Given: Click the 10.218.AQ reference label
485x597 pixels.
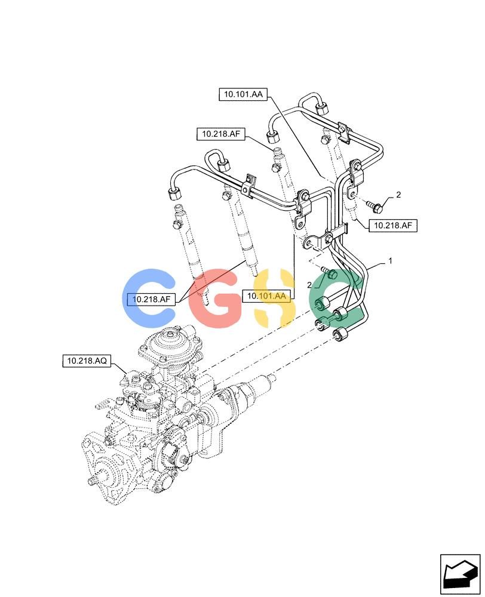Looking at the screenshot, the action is point(87,361).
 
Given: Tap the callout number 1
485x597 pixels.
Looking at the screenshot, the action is point(390,261).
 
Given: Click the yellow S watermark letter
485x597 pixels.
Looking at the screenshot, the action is point(274,298).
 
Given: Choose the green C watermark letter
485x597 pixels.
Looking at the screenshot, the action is point(335,298).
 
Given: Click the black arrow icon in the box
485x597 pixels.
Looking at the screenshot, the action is point(460,574).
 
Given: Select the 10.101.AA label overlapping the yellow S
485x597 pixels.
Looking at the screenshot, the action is point(266,296).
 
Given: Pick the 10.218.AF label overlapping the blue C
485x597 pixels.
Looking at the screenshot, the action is point(151,299).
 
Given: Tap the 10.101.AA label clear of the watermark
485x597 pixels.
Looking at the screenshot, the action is point(243,94).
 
